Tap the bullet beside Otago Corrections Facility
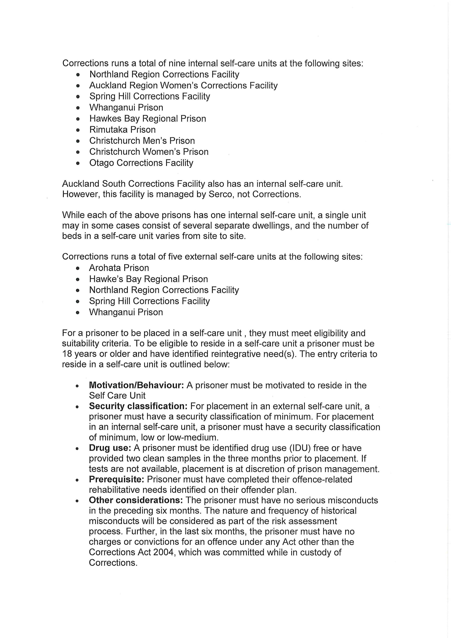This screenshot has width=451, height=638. point(78,163)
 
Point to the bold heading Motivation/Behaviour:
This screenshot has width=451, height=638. point(136,385)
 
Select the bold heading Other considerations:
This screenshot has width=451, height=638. point(136,500)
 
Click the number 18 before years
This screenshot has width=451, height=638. point(67,354)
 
